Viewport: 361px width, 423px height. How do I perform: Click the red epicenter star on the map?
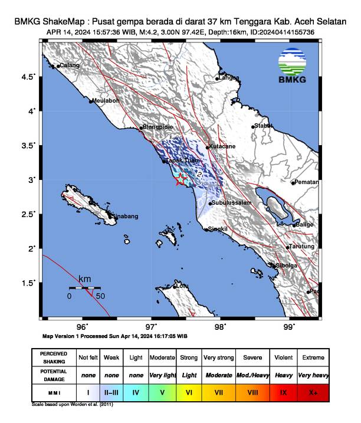[180, 180]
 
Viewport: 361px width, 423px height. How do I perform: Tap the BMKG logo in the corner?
[293, 65]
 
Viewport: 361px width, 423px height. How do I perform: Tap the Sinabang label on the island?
[124, 217]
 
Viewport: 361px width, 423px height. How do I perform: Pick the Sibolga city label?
[286, 265]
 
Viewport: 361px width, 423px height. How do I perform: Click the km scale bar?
[85, 288]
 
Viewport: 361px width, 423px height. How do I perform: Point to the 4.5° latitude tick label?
[29, 77]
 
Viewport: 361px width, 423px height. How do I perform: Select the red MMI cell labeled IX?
[284, 392]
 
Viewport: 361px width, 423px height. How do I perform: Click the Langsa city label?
[229, 77]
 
